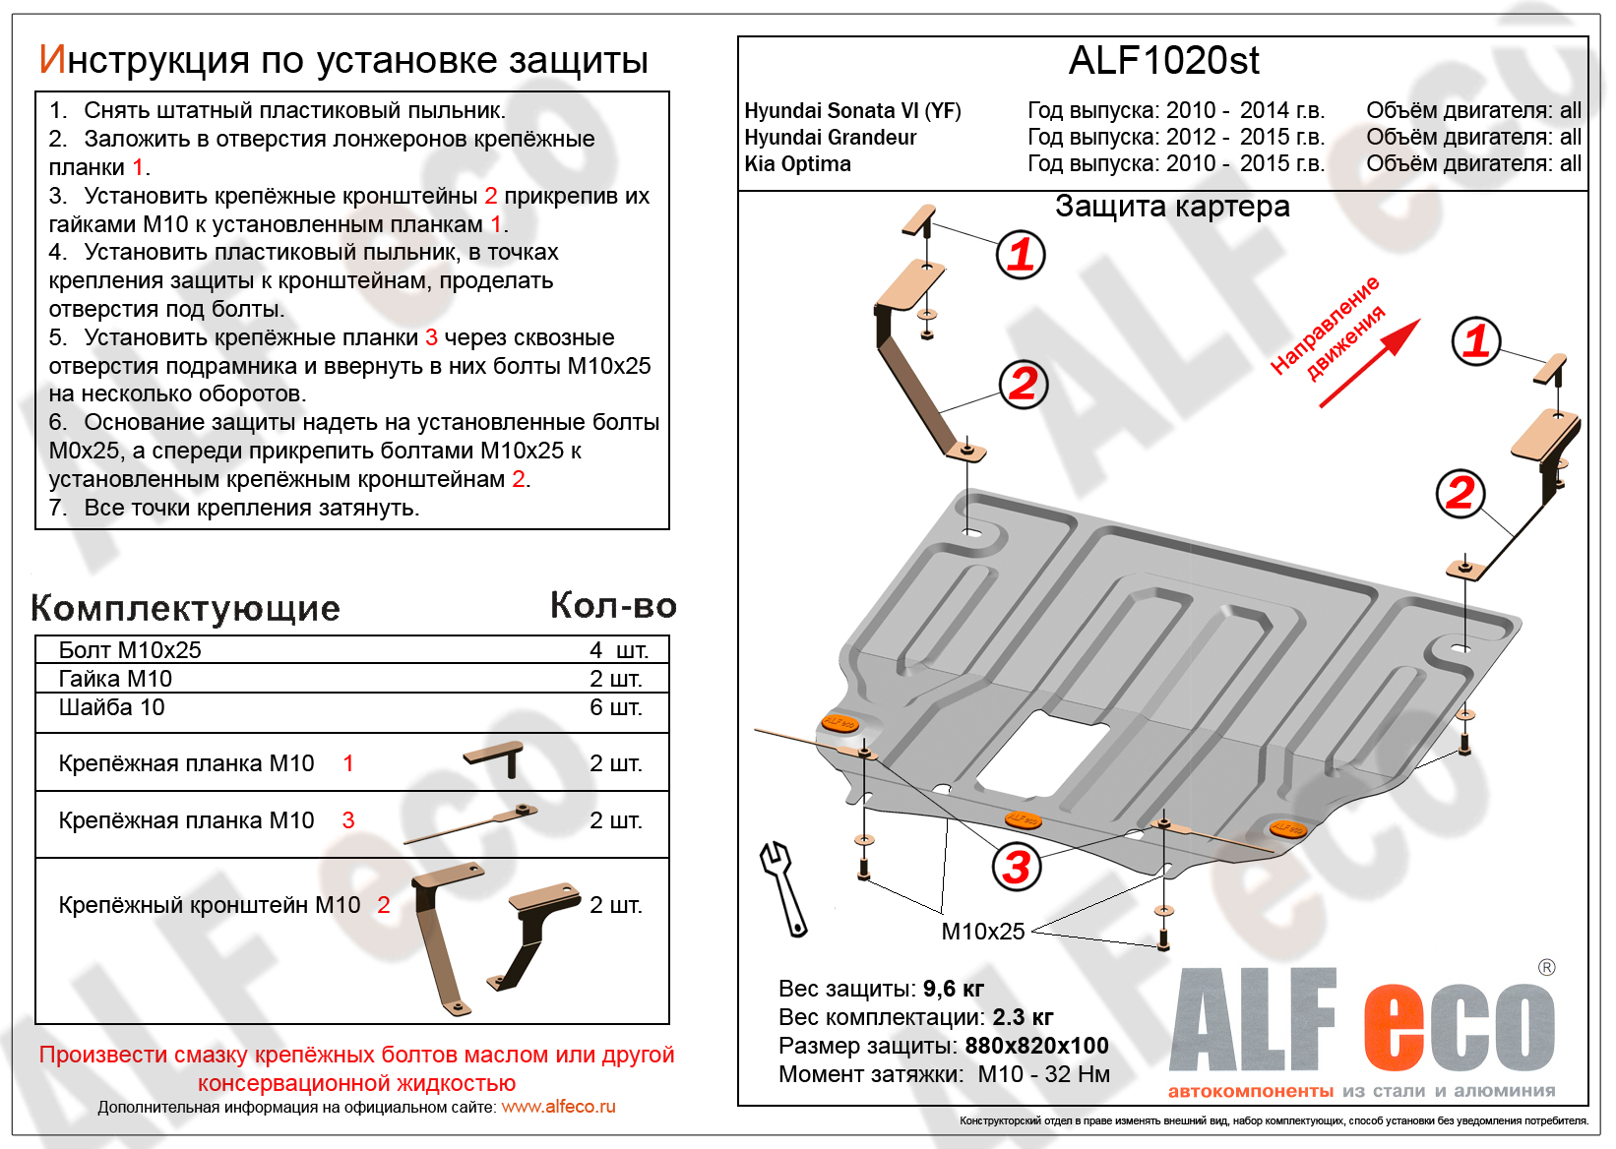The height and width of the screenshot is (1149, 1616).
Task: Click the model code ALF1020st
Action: pyautogui.click(x=1163, y=61)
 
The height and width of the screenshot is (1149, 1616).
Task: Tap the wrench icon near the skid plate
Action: pyautogui.click(x=783, y=887)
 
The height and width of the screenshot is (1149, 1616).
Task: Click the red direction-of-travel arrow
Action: pyautogui.click(x=1370, y=363)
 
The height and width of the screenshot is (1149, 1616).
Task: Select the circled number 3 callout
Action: pyautogui.click(x=1016, y=867)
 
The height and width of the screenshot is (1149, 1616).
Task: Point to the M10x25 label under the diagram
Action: pyautogui.click(x=982, y=931)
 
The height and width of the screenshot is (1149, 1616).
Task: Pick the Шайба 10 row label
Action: pyautogui.click(x=111, y=707)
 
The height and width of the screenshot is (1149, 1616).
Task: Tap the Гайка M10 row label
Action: pyautogui.click(x=115, y=679)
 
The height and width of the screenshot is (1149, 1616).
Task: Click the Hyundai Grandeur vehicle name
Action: pyautogui.click(x=830, y=138)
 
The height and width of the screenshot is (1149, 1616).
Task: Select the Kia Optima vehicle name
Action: pyautogui.click(x=797, y=164)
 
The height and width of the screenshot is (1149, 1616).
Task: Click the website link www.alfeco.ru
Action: pyautogui.click(x=558, y=1107)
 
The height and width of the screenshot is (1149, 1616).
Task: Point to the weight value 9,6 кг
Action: pyautogui.click(x=953, y=989)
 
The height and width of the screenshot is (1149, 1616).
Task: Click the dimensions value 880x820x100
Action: pyautogui.click(x=1036, y=1046)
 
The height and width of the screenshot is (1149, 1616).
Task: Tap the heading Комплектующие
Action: pyautogui.click(x=185, y=608)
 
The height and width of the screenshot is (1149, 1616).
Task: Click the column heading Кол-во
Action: pyautogui.click(x=613, y=606)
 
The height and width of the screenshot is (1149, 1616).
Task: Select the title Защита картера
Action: pyautogui.click(x=1171, y=207)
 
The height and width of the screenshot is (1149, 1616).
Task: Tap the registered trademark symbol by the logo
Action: pyautogui.click(x=1546, y=968)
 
